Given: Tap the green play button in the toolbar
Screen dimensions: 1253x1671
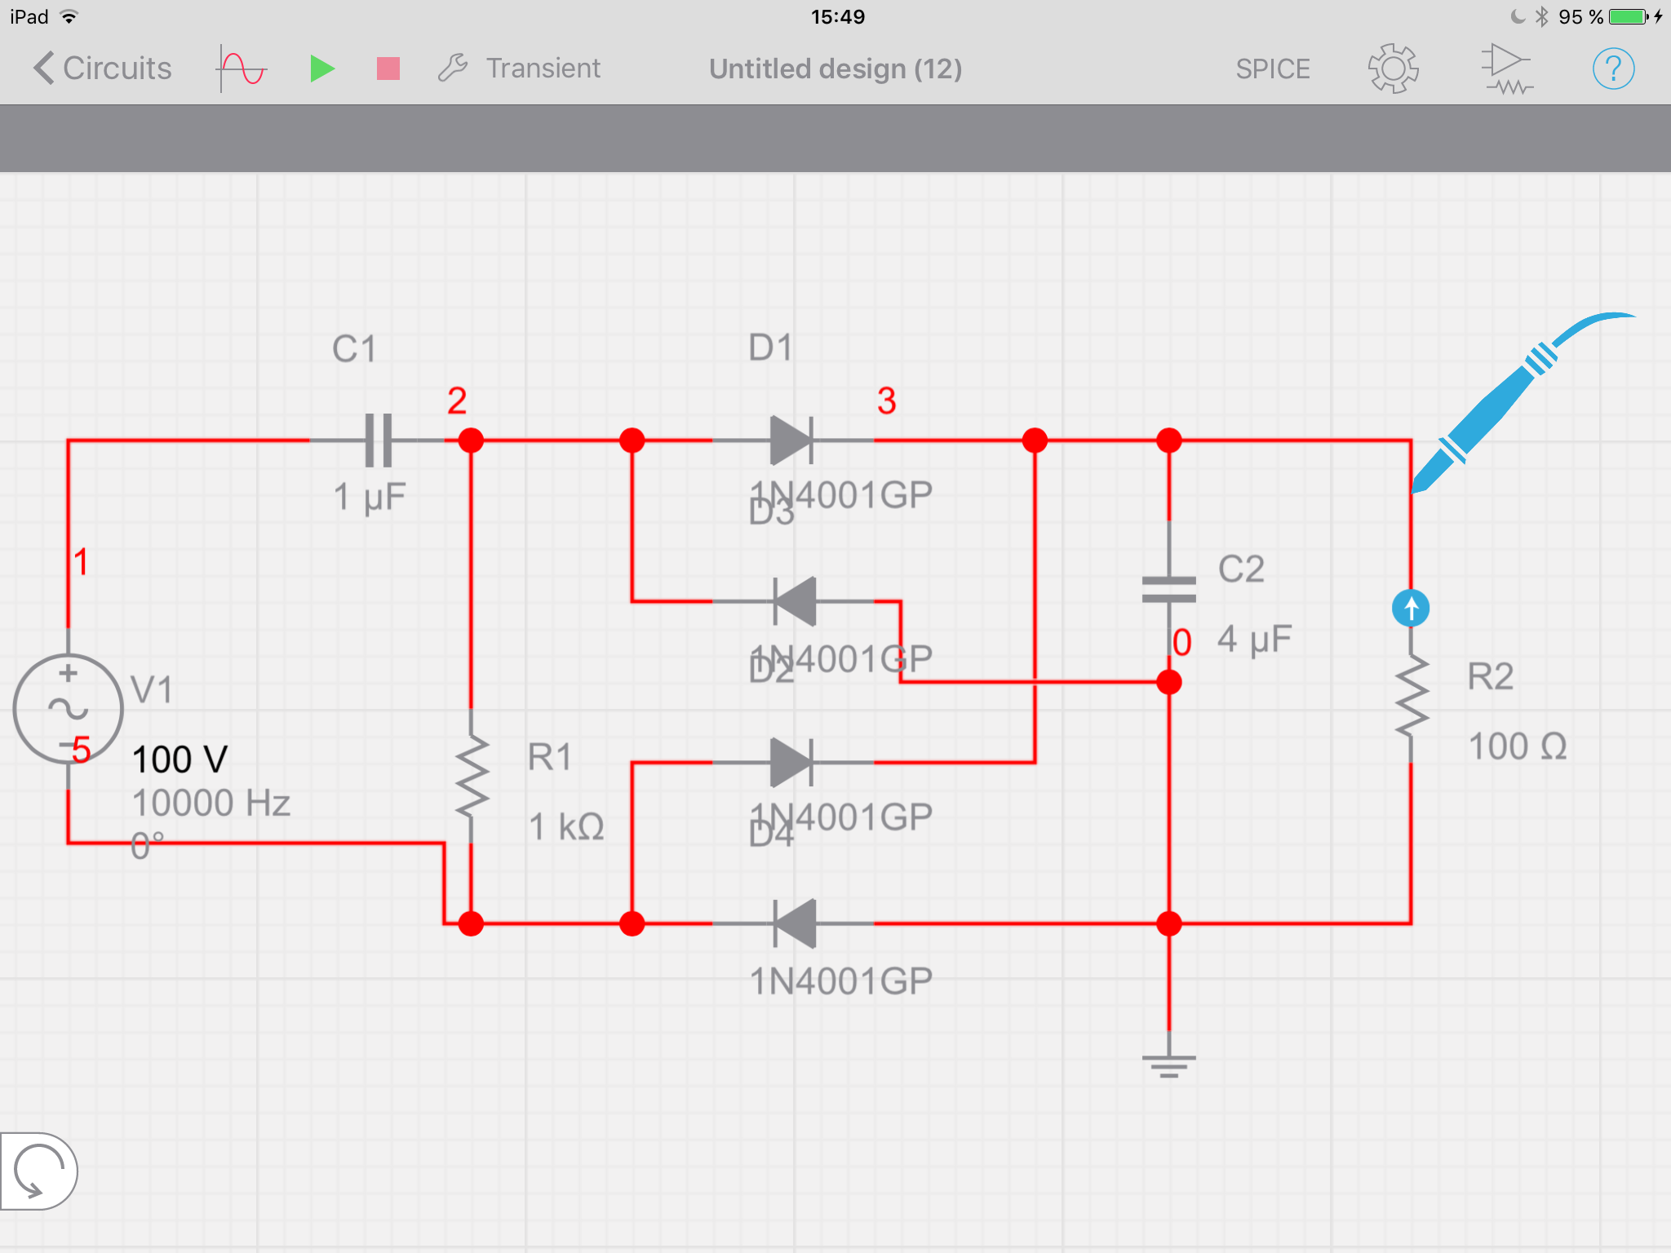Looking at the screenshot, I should click(322, 69).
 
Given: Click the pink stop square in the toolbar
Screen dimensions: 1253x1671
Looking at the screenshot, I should click(388, 69).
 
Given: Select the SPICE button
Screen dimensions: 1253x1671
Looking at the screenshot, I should click(1272, 69).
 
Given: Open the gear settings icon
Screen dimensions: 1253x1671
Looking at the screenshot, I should click(1393, 69).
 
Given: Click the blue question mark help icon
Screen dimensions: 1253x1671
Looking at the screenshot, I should click(1612, 69).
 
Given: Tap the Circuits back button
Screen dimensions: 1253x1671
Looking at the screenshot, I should click(103, 69).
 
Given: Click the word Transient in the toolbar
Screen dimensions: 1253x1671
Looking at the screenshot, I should click(543, 69).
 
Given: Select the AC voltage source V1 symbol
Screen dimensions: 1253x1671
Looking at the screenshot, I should click(69, 708).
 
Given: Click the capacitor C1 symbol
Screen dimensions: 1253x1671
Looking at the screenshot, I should click(378, 441).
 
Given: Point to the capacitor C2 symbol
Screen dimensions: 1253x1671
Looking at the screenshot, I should click(1168, 589).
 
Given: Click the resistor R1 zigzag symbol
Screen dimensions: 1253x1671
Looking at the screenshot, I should click(472, 775).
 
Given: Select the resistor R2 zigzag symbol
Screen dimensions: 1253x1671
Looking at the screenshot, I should click(1411, 697).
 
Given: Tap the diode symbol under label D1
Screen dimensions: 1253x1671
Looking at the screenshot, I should click(791, 441).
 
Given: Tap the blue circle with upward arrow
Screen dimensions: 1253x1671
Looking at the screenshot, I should click(1410, 609).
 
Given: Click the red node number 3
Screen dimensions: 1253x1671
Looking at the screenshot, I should click(886, 401).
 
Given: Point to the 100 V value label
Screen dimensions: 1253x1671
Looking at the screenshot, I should click(180, 759).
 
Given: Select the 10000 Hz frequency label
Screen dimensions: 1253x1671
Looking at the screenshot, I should click(211, 804).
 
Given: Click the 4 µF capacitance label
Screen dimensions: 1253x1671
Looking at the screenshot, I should click(1254, 640).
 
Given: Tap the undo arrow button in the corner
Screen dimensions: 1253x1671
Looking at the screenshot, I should click(38, 1171).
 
